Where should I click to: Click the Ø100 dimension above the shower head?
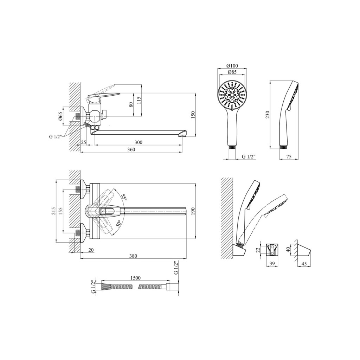[x=232, y=66]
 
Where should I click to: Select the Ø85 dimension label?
[x=232, y=72]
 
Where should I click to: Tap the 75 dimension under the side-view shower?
[x=289, y=156]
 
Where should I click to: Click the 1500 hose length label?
[x=135, y=278]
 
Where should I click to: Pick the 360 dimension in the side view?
[x=131, y=149]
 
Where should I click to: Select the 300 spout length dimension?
[x=138, y=142]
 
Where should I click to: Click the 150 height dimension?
[x=193, y=115]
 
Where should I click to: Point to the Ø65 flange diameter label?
[x=60, y=116]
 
